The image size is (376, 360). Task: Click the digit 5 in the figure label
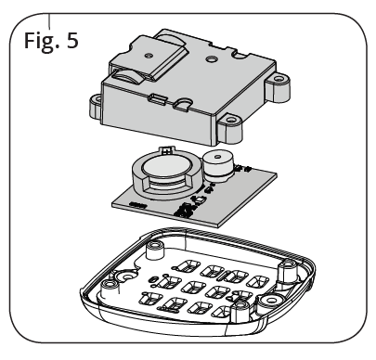(x=72, y=40)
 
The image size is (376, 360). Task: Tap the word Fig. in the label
(x=42, y=42)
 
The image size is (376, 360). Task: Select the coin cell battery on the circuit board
(x=164, y=166)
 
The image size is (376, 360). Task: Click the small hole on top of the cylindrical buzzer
(x=218, y=156)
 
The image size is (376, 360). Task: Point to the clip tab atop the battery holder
(x=167, y=150)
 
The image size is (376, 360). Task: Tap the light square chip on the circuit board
(x=200, y=200)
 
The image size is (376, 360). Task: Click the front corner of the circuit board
(x=218, y=227)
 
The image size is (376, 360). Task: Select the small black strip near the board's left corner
(x=138, y=205)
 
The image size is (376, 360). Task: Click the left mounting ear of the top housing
(x=95, y=106)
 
